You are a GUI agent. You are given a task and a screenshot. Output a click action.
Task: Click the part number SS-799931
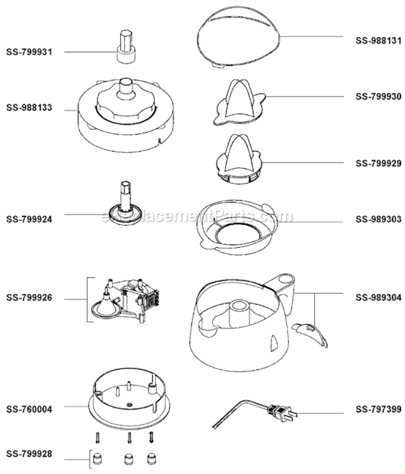pos(29,52)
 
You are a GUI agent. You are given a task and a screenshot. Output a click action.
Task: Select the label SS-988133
pos(29,107)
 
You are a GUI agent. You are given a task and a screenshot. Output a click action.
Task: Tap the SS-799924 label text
pos(29,219)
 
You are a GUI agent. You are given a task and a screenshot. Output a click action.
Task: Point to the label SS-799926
pos(29,298)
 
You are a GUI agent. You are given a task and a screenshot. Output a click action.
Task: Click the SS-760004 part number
pos(29,409)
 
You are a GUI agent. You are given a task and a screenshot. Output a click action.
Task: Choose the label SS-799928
pos(29,453)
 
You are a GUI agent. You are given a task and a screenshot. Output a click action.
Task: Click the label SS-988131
pos(378,40)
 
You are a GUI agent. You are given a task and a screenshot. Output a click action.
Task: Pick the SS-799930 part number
pos(378,97)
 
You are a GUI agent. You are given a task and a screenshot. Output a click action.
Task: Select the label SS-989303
pos(378,219)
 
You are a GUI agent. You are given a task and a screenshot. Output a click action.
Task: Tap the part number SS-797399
pos(378,409)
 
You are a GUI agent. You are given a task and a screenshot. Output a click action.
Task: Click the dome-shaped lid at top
pos(239,39)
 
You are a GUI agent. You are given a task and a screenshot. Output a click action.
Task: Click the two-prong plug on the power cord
pos(282,412)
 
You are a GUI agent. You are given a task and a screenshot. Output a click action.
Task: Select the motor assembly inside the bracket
pos(126,300)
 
